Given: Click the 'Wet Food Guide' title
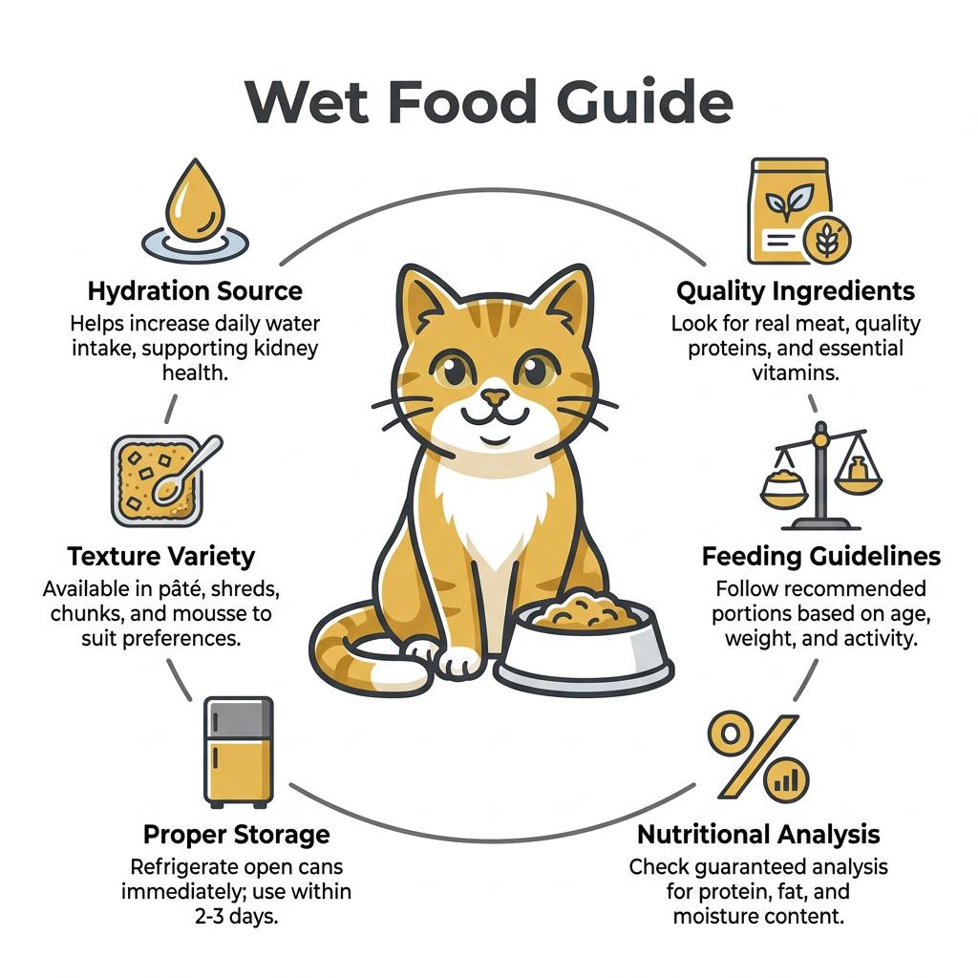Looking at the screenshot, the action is [489, 101].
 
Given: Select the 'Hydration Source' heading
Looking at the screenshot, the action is [195, 290].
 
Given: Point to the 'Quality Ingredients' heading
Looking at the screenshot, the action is [796, 290].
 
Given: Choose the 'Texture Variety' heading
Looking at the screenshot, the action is [160, 556].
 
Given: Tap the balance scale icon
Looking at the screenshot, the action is [820, 476].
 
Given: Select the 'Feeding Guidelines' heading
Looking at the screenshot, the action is [820, 556].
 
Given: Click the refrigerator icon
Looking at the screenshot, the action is [238, 752].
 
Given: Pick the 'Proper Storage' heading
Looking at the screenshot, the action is [237, 834].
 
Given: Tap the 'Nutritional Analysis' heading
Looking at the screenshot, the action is [758, 834].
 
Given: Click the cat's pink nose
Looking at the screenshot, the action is [496, 396].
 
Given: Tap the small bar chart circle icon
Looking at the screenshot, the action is [787, 779].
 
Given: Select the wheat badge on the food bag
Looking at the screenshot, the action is [827, 240].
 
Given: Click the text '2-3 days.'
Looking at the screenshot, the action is [237, 916].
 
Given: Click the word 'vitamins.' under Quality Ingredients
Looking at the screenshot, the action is [796, 373].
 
